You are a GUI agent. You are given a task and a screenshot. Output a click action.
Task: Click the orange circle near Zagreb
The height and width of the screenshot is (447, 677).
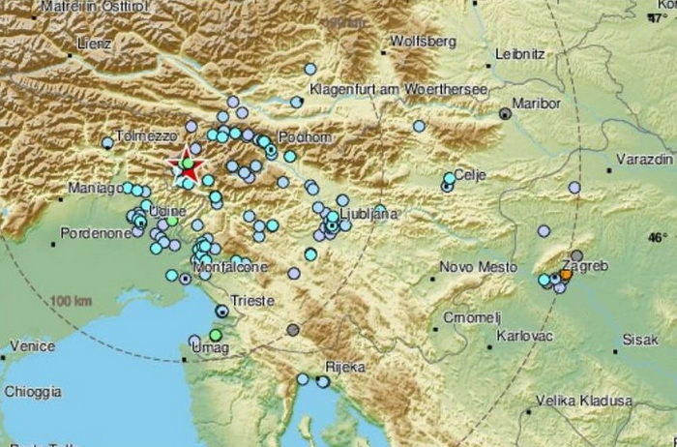(566, 276)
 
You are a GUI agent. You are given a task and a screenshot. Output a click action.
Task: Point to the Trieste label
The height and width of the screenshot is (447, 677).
(251, 301)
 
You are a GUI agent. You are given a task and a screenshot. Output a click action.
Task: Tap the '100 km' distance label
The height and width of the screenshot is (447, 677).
(74, 302)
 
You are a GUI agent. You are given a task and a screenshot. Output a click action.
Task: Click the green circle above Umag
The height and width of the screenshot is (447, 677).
(216, 335)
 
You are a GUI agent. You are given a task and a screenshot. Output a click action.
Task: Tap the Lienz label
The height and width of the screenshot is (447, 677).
(97, 44)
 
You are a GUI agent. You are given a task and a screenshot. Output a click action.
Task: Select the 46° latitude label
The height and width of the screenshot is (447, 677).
(658, 237)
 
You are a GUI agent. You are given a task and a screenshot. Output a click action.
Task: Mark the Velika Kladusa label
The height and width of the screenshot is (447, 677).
(585, 400)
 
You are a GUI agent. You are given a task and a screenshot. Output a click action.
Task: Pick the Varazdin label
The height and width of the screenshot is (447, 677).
(645, 157)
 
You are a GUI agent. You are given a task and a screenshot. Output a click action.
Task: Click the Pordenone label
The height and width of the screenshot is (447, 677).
(95, 233)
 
